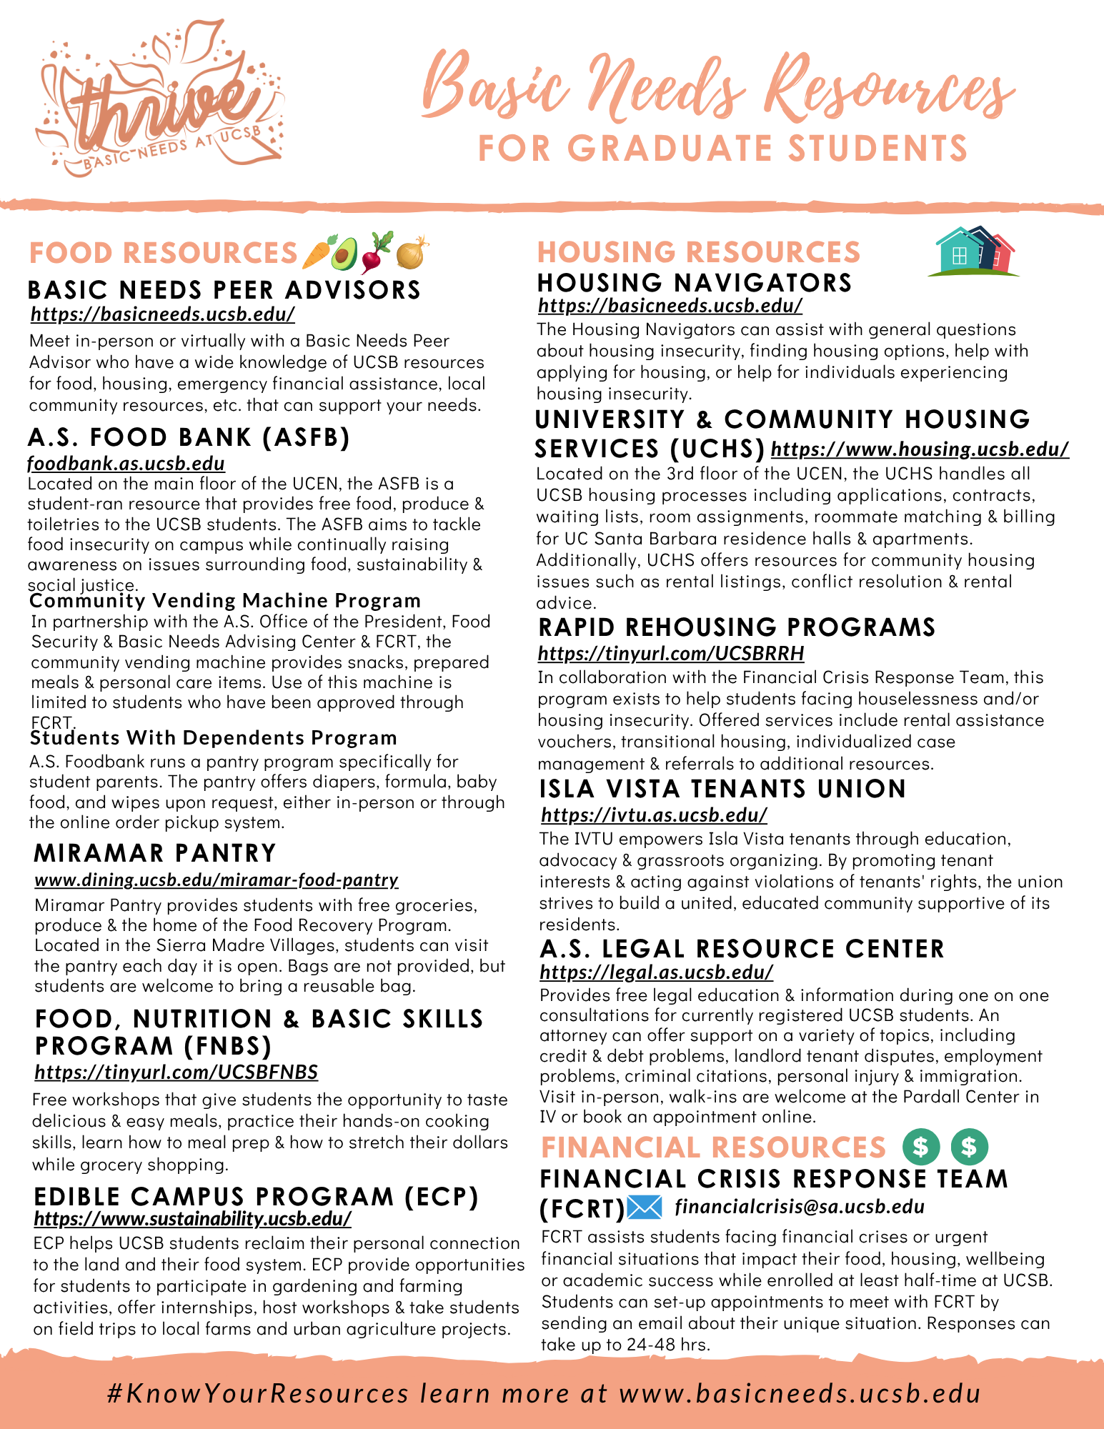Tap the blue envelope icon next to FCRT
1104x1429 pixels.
(645, 1208)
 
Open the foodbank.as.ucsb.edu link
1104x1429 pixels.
(126, 464)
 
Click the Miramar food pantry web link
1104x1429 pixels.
(217, 880)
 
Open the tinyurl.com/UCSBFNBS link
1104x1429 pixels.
(176, 1072)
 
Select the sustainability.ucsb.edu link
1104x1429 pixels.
(192, 1218)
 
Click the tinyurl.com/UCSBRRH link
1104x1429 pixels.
(671, 653)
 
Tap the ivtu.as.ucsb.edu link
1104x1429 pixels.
(654, 815)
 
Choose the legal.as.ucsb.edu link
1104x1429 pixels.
(656, 972)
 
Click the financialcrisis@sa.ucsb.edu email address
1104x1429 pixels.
(800, 1207)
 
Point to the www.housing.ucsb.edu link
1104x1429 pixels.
(920, 449)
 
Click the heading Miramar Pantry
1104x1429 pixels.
(155, 853)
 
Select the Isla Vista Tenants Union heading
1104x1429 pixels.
(722, 789)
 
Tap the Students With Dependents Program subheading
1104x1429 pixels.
(214, 737)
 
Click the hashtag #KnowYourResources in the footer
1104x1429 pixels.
(257, 1393)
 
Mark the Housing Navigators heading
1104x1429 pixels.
(695, 283)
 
